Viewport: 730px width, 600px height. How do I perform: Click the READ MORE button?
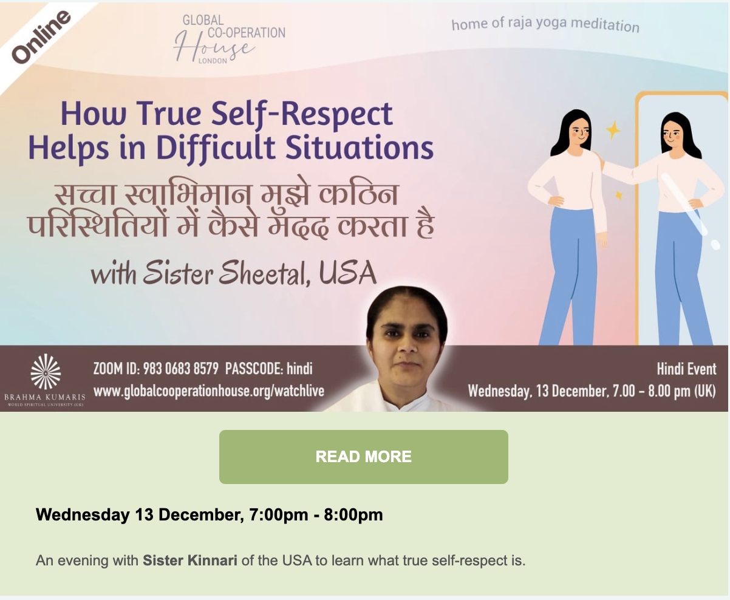point(363,457)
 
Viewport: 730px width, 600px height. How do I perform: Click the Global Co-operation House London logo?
point(230,39)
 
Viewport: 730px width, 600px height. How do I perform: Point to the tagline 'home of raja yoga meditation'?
point(545,24)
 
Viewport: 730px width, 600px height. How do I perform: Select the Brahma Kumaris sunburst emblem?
point(46,372)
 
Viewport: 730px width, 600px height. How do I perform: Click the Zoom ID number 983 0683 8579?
point(181,369)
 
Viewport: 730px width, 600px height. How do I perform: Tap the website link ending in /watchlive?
point(209,391)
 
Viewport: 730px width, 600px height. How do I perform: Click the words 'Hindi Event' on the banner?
point(686,369)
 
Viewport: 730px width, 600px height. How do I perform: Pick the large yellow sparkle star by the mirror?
point(613,130)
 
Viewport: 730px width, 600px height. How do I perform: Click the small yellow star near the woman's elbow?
point(618,196)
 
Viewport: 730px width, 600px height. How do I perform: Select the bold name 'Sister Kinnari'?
point(190,560)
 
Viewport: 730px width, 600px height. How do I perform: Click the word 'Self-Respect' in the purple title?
point(302,115)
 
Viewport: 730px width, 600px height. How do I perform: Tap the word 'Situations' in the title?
point(360,148)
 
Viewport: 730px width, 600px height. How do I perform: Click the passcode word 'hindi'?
point(299,369)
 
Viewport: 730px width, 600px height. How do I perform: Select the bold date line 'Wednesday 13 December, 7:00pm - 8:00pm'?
point(210,514)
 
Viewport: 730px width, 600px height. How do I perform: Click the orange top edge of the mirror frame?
point(681,94)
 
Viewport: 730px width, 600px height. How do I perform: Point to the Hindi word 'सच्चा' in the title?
point(85,194)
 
